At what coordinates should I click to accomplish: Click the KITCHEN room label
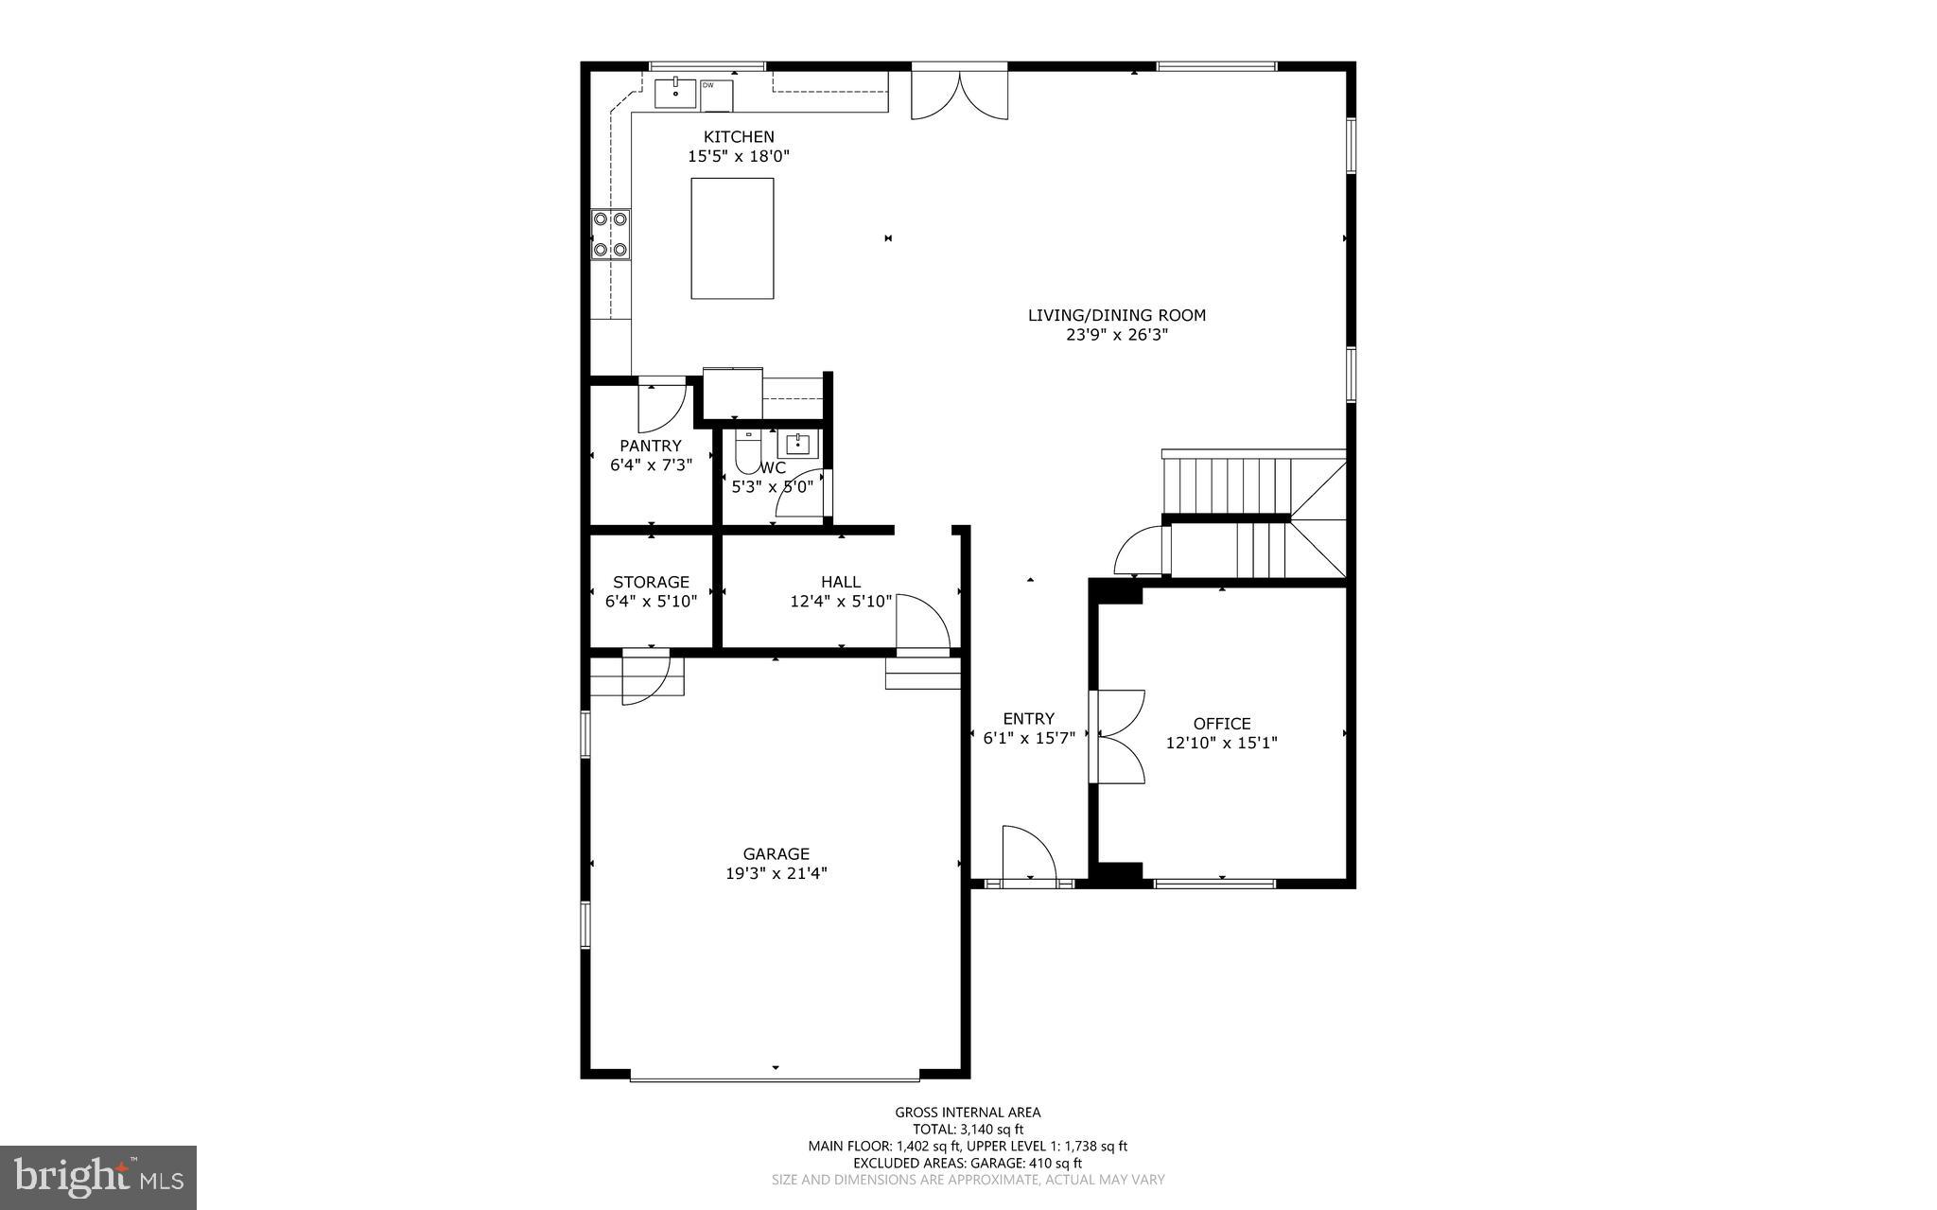tap(738, 137)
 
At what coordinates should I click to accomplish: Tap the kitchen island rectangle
tap(732, 238)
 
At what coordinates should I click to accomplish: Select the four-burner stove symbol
tap(610, 235)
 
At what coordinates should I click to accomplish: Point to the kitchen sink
tap(675, 94)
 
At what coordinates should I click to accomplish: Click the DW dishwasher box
tap(717, 94)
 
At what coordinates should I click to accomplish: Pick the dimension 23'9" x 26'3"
tap(1116, 334)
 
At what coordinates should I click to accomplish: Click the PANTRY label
tap(651, 446)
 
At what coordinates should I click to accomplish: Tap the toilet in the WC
tap(748, 454)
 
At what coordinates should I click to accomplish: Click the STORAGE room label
tap(651, 582)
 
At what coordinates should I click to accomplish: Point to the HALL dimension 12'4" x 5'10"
tap(841, 601)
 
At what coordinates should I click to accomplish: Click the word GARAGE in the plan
tap(776, 854)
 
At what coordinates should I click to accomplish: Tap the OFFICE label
tap(1221, 724)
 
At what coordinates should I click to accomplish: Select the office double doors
tap(1118, 736)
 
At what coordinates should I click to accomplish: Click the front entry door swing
tap(1027, 854)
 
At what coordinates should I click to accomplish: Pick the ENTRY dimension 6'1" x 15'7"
tap(1029, 738)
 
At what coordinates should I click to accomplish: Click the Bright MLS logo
tap(98, 1177)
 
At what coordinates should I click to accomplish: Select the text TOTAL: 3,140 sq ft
tap(968, 1129)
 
